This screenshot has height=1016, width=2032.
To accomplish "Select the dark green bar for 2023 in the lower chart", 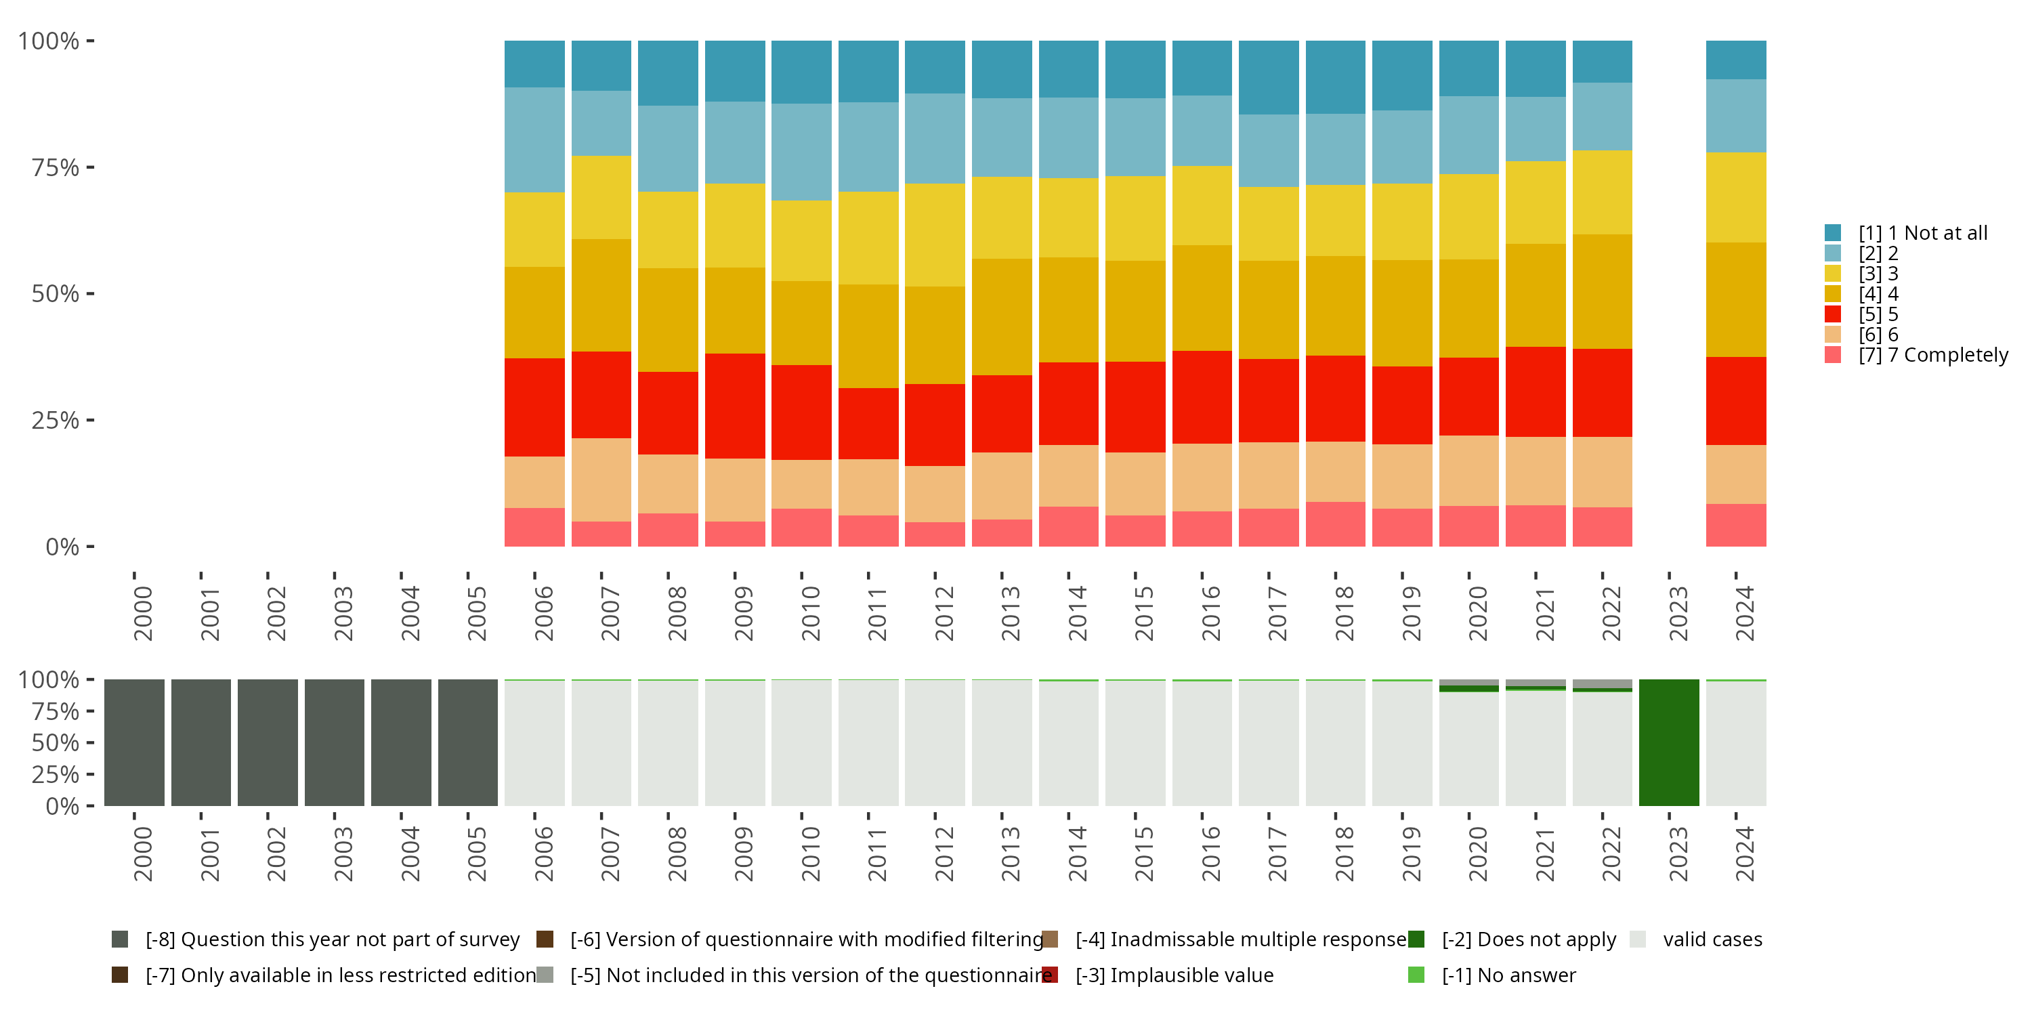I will pyautogui.click(x=1668, y=742).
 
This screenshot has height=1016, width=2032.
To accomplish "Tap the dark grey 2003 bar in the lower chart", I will pyautogui.click(x=335, y=742).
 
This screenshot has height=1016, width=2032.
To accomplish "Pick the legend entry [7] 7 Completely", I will pyautogui.click(x=1932, y=355).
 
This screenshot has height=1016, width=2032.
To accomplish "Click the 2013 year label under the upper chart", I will pyautogui.click(x=1011, y=613).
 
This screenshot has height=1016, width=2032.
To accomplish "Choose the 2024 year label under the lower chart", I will pyautogui.click(x=1744, y=853).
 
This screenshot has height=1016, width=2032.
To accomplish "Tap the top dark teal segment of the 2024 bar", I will pyautogui.click(x=1735, y=60).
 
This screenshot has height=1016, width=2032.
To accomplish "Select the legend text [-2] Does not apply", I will pyautogui.click(x=1529, y=939).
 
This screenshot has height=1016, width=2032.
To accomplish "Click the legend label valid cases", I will pyautogui.click(x=1712, y=939).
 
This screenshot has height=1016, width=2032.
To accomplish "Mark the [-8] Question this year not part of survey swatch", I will pyautogui.click(x=120, y=939).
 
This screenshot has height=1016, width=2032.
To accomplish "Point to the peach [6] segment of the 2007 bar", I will pyautogui.click(x=601, y=480).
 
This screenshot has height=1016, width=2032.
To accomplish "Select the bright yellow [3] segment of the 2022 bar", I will pyautogui.click(x=1602, y=192).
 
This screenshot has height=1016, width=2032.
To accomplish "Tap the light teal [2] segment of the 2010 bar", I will pyautogui.click(x=801, y=152).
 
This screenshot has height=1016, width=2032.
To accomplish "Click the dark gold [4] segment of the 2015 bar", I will pyautogui.click(x=1135, y=311).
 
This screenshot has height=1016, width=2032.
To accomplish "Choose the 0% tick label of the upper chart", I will pyautogui.click(x=62, y=547).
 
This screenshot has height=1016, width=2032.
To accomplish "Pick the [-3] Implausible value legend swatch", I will pyautogui.click(x=1050, y=975).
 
